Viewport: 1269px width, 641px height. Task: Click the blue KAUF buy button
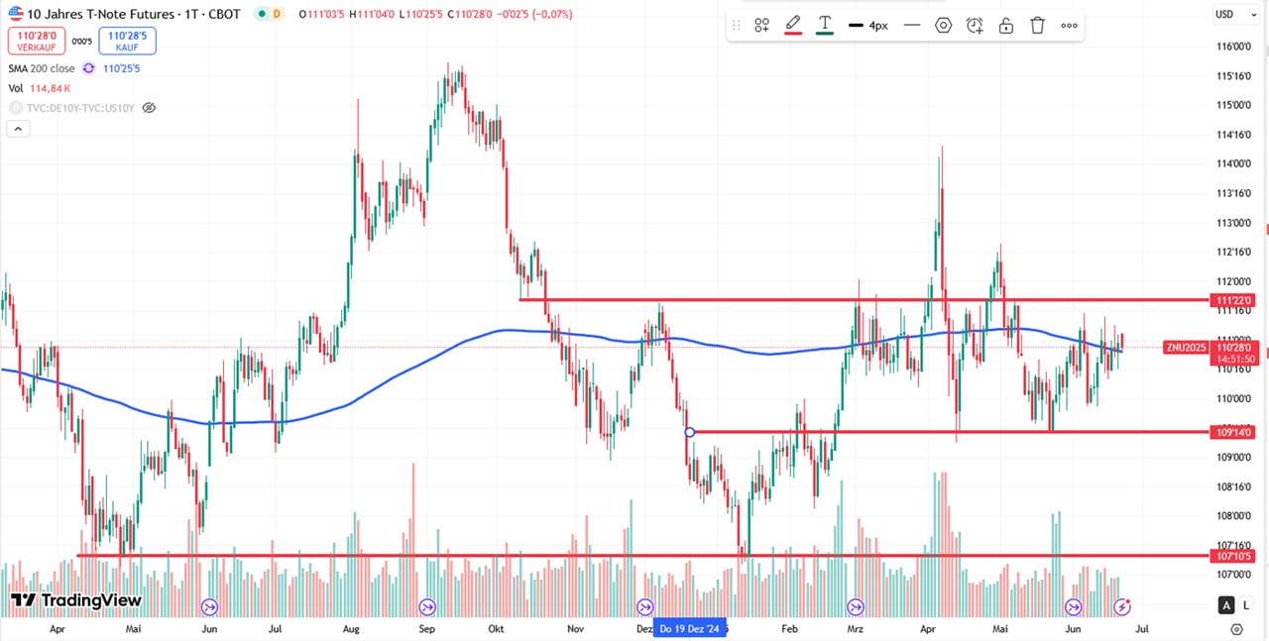pyautogui.click(x=127, y=40)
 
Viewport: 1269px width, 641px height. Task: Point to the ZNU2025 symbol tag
pyautogui.click(x=1186, y=347)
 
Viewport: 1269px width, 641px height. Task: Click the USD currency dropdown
pyautogui.click(x=1228, y=14)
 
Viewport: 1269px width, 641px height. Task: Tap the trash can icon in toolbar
pyautogui.click(x=1037, y=26)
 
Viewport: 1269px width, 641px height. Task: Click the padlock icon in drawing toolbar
pyautogui.click(x=1005, y=26)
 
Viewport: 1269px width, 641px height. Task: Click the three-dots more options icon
pyautogui.click(x=1069, y=26)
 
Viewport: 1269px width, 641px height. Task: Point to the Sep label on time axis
pyautogui.click(x=426, y=628)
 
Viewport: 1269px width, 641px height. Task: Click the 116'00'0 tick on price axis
pyautogui.click(x=1232, y=47)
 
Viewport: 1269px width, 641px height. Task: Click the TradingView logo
pyautogui.click(x=76, y=600)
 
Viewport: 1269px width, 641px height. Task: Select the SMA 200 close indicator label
pyautogui.click(x=42, y=68)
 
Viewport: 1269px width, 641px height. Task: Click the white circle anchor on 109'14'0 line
pyautogui.click(x=690, y=432)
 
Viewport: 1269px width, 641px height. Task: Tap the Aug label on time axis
pyautogui.click(x=351, y=628)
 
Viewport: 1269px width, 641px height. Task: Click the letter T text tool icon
pyautogui.click(x=824, y=25)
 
